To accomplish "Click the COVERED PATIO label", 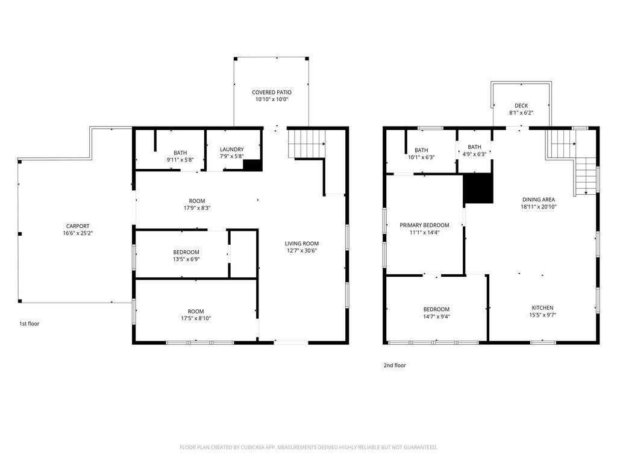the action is [272, 92].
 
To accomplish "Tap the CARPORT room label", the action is [78, 226].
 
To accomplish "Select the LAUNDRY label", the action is [232, 150].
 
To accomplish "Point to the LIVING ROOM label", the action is [302, 244].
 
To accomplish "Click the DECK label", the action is [521, 106].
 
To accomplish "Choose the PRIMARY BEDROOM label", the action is [424, 225].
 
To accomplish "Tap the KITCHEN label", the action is [543, 308].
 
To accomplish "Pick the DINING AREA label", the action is [539, 200].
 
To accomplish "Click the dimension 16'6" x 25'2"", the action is [78, 233].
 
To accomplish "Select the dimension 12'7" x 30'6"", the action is [302, 250].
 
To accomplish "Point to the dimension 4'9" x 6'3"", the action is [474, 154].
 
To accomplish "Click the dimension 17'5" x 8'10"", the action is [196, 318].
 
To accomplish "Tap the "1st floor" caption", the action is [30, 324].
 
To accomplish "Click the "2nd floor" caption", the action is [395, 365].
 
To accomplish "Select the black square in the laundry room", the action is [252, 165].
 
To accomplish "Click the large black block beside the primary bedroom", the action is [478, 188].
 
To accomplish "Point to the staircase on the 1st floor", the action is [307, 143].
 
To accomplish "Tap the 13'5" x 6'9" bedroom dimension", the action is [186, 259].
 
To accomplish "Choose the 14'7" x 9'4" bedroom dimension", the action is [436, 316].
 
